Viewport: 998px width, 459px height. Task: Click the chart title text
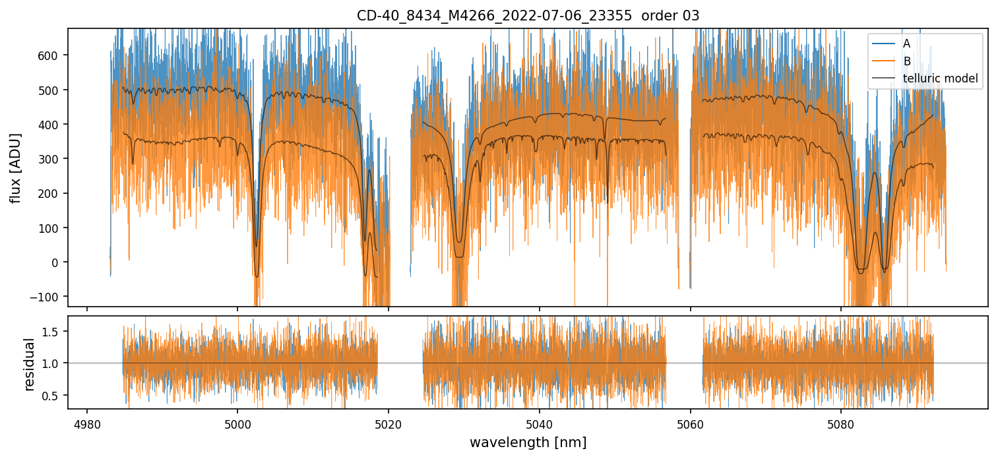pyautogui.click(x=528, y=15)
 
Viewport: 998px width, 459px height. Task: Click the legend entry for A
pyautogui.click(x=906, y=44)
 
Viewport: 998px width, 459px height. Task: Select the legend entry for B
pyautogui.click(x=906, y=61)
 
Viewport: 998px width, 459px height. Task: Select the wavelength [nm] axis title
pyautogui.click(x=528, y=442)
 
